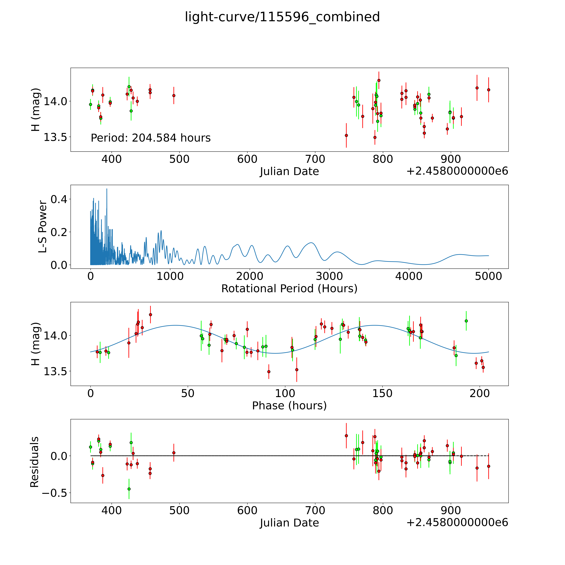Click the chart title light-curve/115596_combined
pos(282,17)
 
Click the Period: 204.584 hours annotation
pos(151,138)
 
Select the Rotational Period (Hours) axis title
pos(289,289)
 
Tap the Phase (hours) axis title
pos(289,406)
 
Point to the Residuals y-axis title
pos(35,462)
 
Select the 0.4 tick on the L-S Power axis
pos(58,199)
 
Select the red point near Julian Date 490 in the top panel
pos(174,95)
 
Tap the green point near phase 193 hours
pos(466,321)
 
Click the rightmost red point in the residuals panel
pos(488,466)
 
